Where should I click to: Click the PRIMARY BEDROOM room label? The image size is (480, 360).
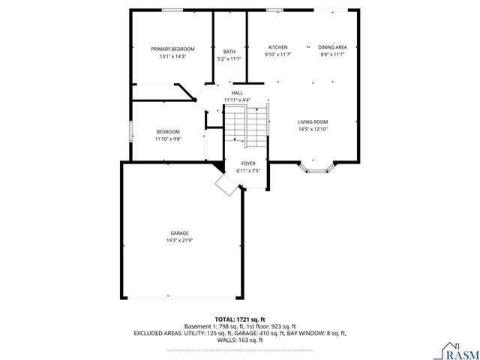(167, 49)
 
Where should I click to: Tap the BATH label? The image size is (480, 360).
(229, 52)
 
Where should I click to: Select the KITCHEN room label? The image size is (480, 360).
(277, 46)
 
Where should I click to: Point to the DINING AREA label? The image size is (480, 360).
(332, 46)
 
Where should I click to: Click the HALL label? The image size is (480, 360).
(237, 93)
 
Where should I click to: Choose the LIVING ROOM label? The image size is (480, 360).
(313, 121)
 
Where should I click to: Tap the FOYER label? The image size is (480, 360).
(247, 163)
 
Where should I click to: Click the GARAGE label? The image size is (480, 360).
(179, 233)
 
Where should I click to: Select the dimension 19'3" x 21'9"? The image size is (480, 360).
(179, 241)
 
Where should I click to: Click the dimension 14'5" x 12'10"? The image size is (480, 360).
(313, 129)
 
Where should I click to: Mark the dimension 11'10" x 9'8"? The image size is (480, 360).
(168, 139)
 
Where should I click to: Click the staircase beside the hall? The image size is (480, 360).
(247, 124)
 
